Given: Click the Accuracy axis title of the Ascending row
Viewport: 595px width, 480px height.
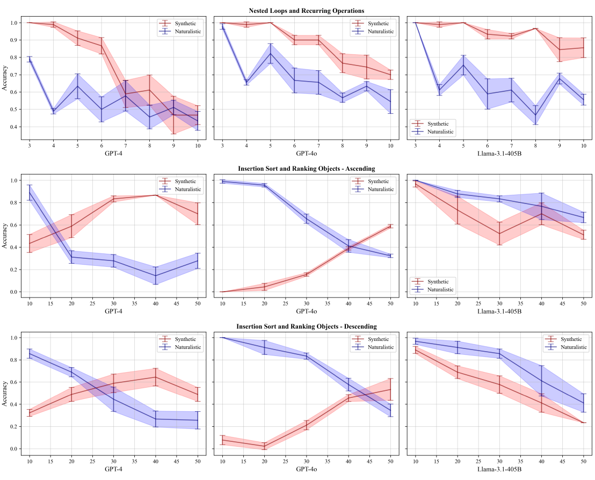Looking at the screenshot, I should [x=5, y=236].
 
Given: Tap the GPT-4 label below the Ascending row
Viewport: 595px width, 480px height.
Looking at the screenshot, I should [x=113, y=311].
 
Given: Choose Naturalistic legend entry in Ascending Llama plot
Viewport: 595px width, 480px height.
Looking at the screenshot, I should [x=440, y=289].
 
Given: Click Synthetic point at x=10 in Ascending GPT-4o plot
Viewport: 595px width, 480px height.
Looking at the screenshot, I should [x=222, y=292].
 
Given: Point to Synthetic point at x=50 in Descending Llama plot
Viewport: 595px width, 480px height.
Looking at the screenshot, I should [x=584, y=423].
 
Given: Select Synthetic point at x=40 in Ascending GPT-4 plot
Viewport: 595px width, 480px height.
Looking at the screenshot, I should [x=156, y=195].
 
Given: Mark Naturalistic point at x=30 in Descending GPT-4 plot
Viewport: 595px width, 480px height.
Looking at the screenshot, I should [x=113, y=399].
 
